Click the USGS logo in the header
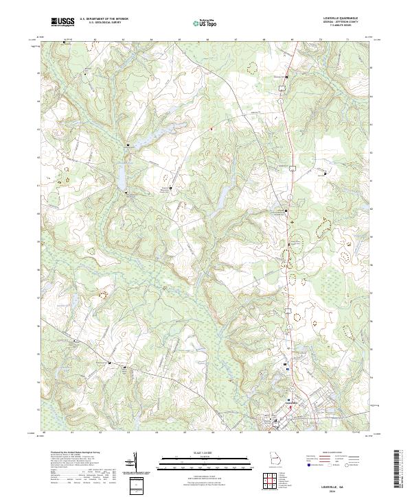tap(63, 22)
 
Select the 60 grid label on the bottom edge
tap(44, 433)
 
